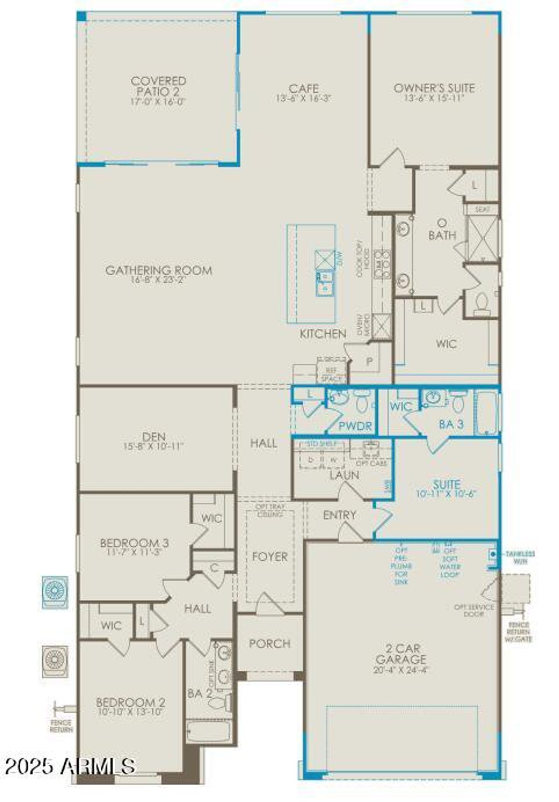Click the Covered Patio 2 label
[x=158, y=86]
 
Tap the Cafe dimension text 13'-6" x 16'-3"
[x=304, y=99]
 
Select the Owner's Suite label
[x=434, y=88]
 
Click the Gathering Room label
[x=159, y=270]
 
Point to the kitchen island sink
[x=324, y=283]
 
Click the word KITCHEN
[x=323, y=334]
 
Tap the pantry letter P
[x=369, y=361]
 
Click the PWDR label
[x=355, y=426]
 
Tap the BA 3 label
[x=451, y=424]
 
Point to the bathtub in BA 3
[x=486, y=413]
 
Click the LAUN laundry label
[x=344, y=475]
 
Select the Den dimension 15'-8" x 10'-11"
[x=153, y=446]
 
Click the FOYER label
[x=270, y=557]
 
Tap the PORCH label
[x=269, y=644]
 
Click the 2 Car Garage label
[x=400, y=654]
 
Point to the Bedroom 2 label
[x=130, y=703]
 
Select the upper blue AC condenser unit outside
[x=55, y=592]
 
